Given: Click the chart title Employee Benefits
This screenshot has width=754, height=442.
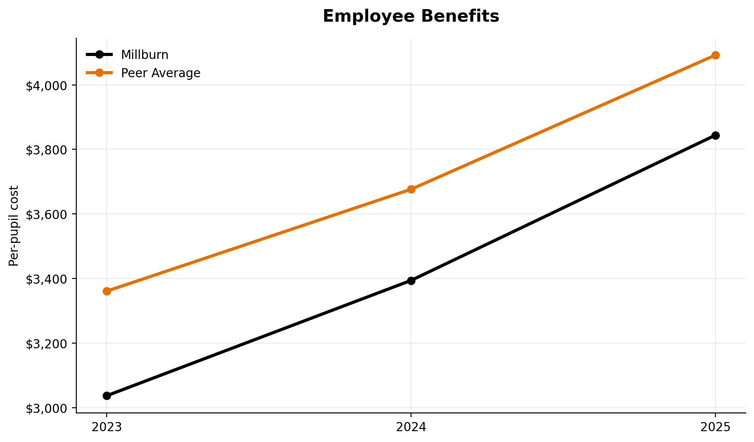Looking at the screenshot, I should (x=411, y=16).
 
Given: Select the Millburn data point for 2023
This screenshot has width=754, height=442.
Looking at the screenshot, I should (x=107, y=396).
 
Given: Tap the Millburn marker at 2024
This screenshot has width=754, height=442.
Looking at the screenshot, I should (x=411, y=281).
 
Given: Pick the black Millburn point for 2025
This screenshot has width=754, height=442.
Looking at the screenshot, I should (x=715, y=135).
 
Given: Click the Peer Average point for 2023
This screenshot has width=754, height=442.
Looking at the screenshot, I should (x=107, y=291).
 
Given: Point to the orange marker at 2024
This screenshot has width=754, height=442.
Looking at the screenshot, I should (x=411, y=189).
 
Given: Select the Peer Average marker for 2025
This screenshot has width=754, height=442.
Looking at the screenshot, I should (x=715, y=55).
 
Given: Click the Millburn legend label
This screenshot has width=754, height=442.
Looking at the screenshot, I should (x=144, y=55).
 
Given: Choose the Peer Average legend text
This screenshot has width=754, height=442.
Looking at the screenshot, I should (x=160, y=73).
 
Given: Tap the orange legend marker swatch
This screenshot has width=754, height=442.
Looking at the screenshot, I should (x=99, y=73).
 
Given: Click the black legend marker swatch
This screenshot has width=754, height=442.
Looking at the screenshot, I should (x=99, y=55).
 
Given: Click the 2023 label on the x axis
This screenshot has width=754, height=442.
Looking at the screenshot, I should (x=107, y=427).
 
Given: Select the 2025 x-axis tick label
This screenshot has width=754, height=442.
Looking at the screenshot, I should (x=715, y=427).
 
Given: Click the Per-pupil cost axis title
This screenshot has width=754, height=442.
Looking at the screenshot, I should (x=14, y=226).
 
